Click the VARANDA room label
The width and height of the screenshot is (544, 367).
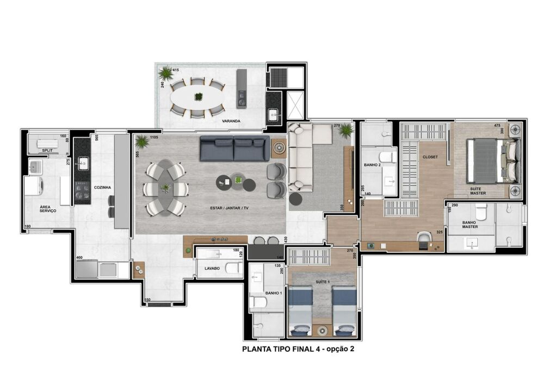coord(231,121)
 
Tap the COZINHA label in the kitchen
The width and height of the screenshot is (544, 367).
coord(102,187)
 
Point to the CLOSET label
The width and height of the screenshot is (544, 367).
coord(430,157)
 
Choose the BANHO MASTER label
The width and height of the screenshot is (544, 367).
coord(470,224)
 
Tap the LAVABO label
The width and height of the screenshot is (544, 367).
coord(212,268)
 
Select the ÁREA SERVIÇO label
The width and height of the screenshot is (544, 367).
coord(48,208)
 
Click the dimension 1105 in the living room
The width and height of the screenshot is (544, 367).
coord(155,138)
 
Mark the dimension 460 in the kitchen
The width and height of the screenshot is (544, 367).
coord(79,258)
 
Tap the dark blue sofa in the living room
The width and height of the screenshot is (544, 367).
coord(234,148)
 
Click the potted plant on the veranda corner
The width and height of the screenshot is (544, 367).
coord(164,73)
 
